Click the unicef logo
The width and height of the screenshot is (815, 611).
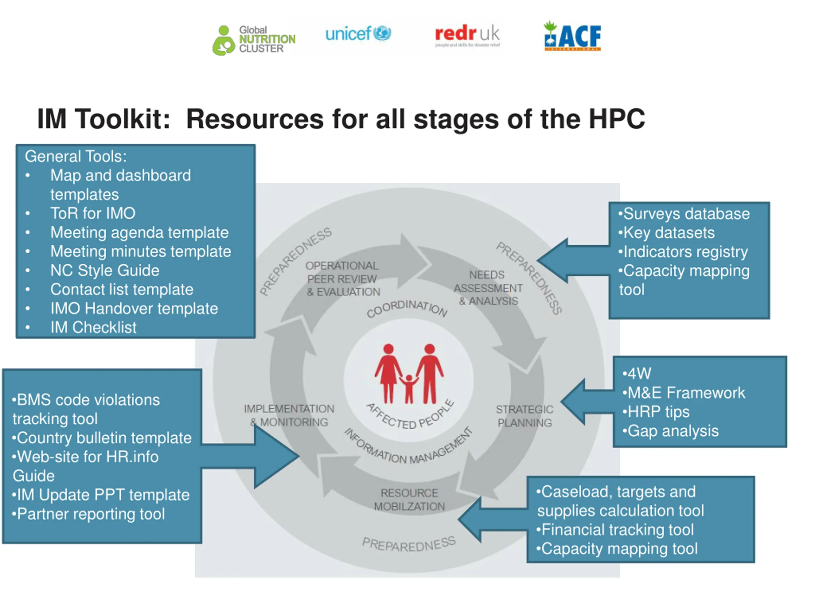click(x=358, y=34)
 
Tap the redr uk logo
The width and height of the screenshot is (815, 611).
click(x=467, y=36)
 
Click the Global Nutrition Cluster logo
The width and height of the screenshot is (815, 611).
click(x=254, y=40)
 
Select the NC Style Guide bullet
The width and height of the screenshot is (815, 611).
click(x=105, y=270)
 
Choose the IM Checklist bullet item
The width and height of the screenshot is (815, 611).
click(x=93, y=327)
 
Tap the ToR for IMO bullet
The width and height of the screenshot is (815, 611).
click(x=93, y=213)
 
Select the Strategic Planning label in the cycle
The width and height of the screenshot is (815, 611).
click(x=524, y=416)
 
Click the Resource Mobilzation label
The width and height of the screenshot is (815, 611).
click(x=409, y=499)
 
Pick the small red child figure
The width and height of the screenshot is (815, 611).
click(x=408, y=388)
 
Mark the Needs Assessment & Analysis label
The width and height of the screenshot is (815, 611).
click(x=488, y=288)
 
